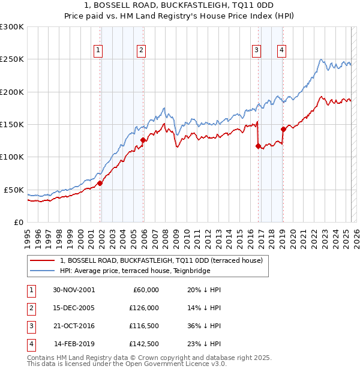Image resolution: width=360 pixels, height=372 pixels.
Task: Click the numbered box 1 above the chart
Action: [x=98, y=50]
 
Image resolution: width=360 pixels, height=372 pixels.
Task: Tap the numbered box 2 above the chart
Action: [x=140, y=50]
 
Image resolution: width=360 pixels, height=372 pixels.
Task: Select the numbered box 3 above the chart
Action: [x=256, y=50]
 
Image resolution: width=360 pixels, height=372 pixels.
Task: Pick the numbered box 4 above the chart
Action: [x=281, y=50]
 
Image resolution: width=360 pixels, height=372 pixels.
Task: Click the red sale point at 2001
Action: [x=100, y=183]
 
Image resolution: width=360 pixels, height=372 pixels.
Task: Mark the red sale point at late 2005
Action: [x=143, y=140]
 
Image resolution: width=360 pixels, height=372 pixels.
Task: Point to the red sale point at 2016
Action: [x=258, y=146]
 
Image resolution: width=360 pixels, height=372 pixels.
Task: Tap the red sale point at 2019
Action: [x=283, y=129]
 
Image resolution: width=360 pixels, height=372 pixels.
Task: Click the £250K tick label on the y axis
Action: [x=12, y=59]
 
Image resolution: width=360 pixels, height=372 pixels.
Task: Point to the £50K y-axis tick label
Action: [x=14, y=190]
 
